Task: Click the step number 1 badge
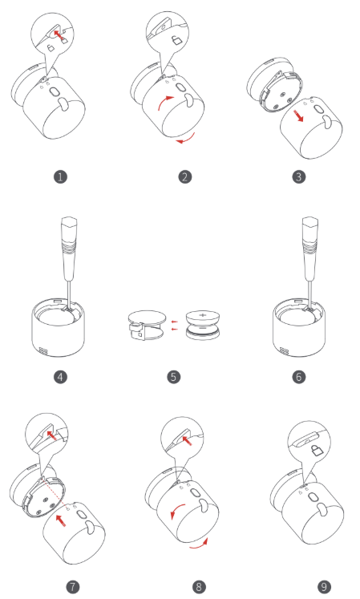tap(60, 177)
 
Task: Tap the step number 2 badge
tap(185, 177)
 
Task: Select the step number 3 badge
tap(299, 177)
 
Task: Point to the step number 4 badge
tap(60, 377)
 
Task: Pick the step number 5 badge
tap(173, 377)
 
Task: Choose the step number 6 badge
tap(299, 377)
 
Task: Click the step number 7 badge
tap(73, 587)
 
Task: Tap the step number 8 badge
tap(199, 587)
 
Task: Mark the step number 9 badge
tap(324, 587)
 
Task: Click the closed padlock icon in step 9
tap(317, 451)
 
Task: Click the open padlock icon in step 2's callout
tap(176, 40)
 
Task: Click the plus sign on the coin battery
tap(203, 316)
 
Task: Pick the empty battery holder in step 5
tap(147, 325)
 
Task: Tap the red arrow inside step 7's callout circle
tap(51, 435)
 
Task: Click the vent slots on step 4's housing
tap(42, 351)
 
